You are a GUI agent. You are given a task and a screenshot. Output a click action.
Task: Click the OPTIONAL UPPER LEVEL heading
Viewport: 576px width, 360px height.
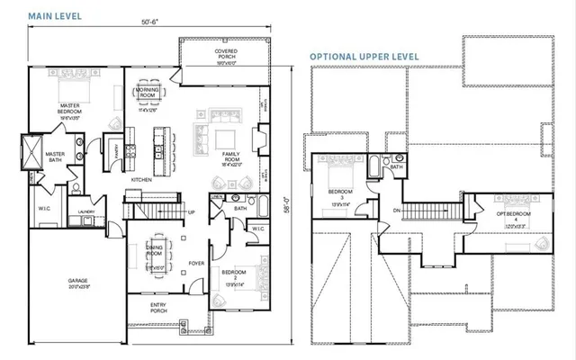point(364,56)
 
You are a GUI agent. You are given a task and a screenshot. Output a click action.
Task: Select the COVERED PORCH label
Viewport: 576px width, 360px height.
point(226,56)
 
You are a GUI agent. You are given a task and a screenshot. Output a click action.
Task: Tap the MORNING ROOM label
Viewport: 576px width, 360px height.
point(146,93)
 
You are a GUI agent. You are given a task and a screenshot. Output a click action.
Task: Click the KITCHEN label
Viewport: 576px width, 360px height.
point(142,180)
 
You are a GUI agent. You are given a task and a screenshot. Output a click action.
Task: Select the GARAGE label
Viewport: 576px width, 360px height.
point(78,282)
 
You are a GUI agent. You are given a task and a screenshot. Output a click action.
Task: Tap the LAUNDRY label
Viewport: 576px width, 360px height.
point(86,212)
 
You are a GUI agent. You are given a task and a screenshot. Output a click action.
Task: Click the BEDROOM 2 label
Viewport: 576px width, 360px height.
point(235,272)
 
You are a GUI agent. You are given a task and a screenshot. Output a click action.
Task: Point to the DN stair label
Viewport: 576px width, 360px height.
point(397,211)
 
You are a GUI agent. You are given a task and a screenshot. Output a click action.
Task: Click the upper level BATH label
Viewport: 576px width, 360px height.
point(396,166)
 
